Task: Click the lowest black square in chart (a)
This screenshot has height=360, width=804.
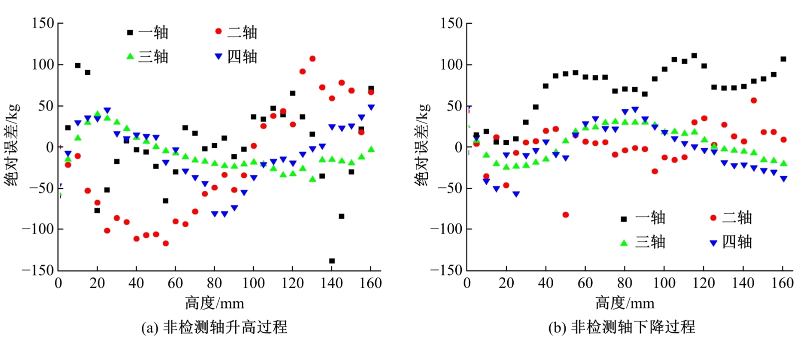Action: [332, 261]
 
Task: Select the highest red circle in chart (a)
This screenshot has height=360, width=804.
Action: [312, 58]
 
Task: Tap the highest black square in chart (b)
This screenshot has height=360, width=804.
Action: [694, 55]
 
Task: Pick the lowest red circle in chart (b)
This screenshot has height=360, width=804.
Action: [566, 214]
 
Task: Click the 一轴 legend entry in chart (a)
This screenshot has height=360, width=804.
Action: [148, 32]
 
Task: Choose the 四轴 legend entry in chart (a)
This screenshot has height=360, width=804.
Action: [236, 56]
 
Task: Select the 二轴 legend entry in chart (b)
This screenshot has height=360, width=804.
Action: [731, 217]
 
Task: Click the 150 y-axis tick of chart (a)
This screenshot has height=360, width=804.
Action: [43, 23]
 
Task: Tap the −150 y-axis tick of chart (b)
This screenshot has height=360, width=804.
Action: [446, 270]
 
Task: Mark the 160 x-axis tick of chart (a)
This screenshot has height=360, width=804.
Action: [371, 283]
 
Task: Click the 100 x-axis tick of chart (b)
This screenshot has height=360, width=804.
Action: [664, 283]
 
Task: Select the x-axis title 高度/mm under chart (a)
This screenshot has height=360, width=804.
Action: [215, 303]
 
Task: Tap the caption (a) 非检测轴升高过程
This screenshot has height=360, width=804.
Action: [214, 327]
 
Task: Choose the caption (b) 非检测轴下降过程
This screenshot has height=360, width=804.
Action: [622, 327]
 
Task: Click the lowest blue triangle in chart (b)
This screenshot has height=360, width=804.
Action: [516, 194]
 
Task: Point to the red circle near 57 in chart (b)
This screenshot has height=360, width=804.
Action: [754, 100]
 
